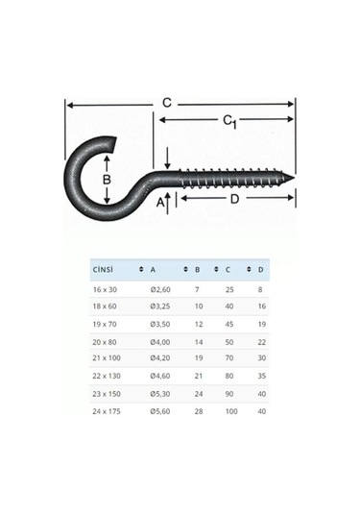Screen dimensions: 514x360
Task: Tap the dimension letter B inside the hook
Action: pyautogui.click(x=108, y=179)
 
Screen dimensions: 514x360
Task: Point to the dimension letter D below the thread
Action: pyautogui.click(x=235, y=202)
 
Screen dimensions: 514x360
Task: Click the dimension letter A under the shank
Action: pyautogui.click(x=159, y=203)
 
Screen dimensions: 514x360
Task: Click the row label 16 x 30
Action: pyautogui.click(x=105, y=289)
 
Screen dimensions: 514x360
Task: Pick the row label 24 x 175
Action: pyautogui.click(x=107, y=409)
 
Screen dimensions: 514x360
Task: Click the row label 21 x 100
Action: pyautogui.click(x=107, y=357)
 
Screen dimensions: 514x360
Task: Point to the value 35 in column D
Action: pyautogui.click(x=262, y=375)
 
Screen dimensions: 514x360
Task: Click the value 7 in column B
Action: pyautogui.click(x=197, y=289)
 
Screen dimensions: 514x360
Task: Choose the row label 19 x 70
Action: pyautogui.click(x=105, y=324)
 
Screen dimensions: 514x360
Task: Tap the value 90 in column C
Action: pyautogui.click(x=230, y=392)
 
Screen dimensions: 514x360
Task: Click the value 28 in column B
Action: pyautogui.click(x=199, y=409)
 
